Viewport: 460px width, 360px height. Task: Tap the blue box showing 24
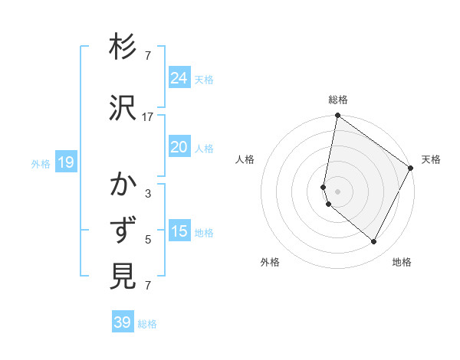tap(179, 77)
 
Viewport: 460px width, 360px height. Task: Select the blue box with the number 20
tap(179, 147)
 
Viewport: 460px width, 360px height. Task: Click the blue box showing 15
tap(179, 231)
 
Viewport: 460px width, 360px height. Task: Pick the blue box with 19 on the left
tap(65, 162)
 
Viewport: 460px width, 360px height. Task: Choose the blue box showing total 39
tap(123, 322)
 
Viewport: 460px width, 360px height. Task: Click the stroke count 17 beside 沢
tap(148, 117)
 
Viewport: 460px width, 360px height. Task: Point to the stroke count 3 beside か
tap(148, 194)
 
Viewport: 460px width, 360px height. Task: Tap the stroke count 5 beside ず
tap(148, 240)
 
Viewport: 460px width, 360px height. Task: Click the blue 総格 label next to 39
tap(147, 324)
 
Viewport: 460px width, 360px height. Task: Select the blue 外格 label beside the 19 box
tap(41, 163)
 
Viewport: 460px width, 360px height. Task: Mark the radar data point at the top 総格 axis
tap(337, 116)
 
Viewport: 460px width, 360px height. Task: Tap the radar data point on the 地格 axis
tap(374, 241)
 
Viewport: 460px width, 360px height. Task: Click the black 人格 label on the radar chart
tap(245, 159)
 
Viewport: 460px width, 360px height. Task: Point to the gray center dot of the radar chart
tap(337, 190)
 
